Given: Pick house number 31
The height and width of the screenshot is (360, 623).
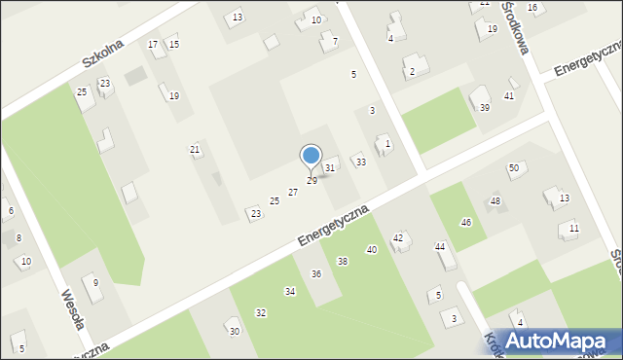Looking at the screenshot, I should (x=330, y=168).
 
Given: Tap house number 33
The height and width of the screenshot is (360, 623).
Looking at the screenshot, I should (x=360, y=162).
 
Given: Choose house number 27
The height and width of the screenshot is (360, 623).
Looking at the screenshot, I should (x=292, y=193).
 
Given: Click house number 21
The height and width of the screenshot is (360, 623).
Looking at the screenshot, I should (x=195, y=149).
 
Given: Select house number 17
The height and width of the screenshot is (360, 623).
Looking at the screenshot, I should (x=153, y=45).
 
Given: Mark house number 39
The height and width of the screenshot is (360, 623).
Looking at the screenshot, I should (x=484, y=107).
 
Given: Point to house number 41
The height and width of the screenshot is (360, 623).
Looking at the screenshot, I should (x=508, y=96).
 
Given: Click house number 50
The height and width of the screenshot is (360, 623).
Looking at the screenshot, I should (x=513, y=168).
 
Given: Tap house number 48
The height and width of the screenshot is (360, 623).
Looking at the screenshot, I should (x=495, y=201).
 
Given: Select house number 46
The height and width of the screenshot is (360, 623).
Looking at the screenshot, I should (x=466, y=223).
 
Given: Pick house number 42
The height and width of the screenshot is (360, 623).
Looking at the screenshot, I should (x=397, y=238).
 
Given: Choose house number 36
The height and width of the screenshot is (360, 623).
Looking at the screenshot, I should (x=315, y=273).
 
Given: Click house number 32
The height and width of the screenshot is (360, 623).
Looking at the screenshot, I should (x=260, y=312).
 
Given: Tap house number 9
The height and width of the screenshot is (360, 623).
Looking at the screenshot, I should (x=95, y=282).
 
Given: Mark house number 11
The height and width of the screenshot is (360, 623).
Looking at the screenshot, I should (x=573, y=228).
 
